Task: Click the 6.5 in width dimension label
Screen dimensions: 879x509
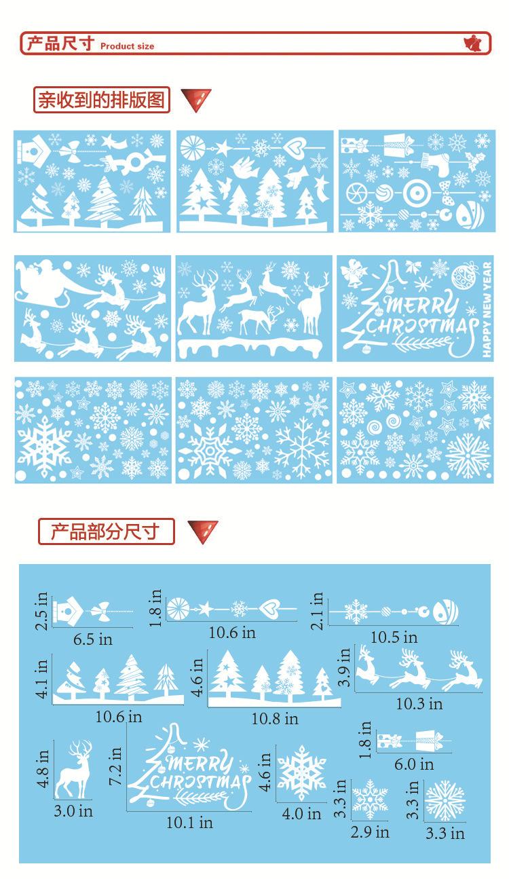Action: [x=92, y=639]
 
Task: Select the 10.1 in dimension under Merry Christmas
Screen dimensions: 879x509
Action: [x=189, y=822]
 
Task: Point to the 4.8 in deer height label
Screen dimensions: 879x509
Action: [x=44, y=768]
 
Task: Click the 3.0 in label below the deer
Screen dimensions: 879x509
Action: [x=73, y=810]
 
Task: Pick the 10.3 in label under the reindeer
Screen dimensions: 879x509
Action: [x=419, y=703]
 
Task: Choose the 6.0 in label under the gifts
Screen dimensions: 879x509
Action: [x=414, y=764]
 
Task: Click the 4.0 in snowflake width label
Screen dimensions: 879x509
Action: [x=301, y=813]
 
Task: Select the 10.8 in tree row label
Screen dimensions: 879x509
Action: [x=274, y=718]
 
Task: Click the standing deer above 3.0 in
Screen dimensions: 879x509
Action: [x=73, y=770]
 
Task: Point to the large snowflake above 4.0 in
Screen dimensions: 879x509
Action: [x=302, y=773]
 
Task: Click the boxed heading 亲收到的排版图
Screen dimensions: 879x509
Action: [x=101, y=100]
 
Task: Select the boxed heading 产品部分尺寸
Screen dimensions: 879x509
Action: [x=105, y=531]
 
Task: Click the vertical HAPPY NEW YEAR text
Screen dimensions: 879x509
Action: [x=486, y=309]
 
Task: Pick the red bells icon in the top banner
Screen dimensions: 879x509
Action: [x=476, y=44]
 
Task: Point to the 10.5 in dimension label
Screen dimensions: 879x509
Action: [x=394, y=637]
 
